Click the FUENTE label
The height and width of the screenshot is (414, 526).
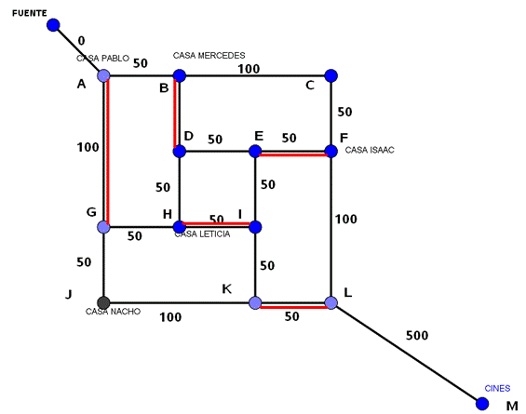[x=30, y=13]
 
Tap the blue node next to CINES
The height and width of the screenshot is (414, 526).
[x=482, y=403]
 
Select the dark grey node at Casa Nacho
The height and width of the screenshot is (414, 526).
[x=103, y=302]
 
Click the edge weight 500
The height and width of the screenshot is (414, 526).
[x=417, y=335]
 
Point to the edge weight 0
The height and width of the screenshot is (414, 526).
[x=81, y=41]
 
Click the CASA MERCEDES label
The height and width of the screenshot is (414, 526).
[x=209, y=55]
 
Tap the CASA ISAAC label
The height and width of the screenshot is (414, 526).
[x=370, y=150]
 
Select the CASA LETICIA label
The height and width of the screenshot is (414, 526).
[x=202, y=234]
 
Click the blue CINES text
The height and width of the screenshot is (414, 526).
[x=497, y=388]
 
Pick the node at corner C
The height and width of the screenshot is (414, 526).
[x=331, y=75]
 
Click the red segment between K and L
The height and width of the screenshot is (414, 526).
[x=293, y=307]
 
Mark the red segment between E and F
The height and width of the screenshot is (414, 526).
[x=293, y=154]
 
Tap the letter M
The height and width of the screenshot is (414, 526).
[x=512, y=406]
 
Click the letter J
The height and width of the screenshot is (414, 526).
[x=69, y=294]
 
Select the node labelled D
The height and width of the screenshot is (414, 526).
[x=180, y=152]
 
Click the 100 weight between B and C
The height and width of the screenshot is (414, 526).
[x=249, y=69]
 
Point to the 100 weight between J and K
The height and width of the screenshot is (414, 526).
[x=170, y=317]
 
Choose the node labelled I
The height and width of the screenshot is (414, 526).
[x=255, y=227]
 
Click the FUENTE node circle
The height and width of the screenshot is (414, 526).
[x=53, y=25]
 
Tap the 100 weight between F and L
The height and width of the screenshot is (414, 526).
[x=346, y=220]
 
